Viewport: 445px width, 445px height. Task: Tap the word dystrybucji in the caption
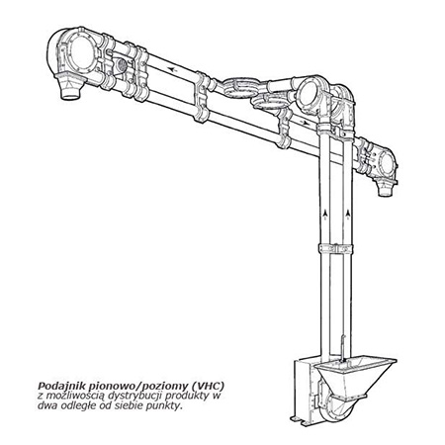coord(135,396)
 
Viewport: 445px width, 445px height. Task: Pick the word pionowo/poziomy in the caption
coord(138,386)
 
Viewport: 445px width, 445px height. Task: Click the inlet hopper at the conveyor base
coord(355,377)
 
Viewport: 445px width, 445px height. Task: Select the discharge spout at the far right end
coord(385,188)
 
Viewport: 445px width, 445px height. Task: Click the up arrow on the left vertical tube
coord(325,214)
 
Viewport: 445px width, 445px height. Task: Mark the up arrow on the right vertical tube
coord(348,214)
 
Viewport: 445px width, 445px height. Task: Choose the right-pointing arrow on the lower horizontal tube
coord(306,123)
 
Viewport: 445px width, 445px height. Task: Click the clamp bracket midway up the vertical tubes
coord(336,248)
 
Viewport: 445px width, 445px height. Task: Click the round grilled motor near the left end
coord(121,64)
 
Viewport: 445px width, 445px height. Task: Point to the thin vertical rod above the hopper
coord(343,350)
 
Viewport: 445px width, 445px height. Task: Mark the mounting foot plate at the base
coord(301,419)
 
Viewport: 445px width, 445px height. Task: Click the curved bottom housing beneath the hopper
coord(338,408)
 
